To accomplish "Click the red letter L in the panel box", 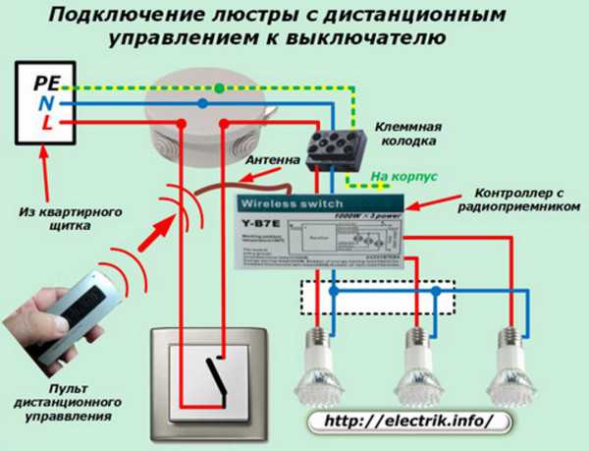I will coord(42,124).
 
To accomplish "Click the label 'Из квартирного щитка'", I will coord(57,217).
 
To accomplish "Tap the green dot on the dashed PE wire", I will coord(221,87).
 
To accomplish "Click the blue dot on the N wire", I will coord(200,101).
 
